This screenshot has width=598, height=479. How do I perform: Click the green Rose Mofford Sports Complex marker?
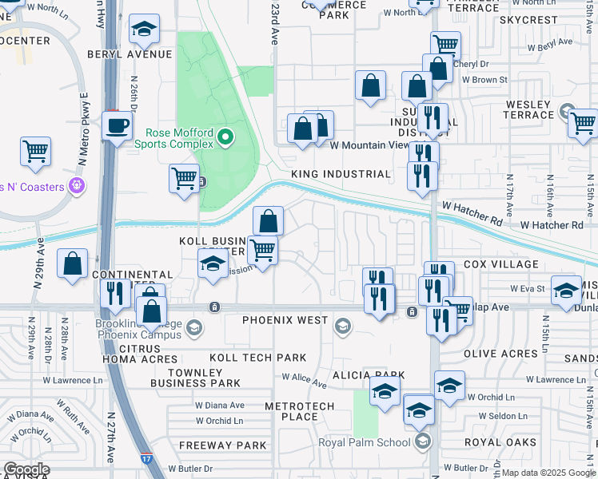coord(225,137)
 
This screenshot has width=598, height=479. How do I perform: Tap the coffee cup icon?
coord(118,127)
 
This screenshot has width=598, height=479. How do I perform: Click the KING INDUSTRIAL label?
coord(341,173)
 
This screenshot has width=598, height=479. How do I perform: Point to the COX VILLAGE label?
coord(500,264)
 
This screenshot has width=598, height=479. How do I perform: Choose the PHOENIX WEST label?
coord(285,320)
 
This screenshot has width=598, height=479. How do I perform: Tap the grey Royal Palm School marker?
coord(423,441)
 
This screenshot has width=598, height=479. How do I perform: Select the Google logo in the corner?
coord(26,469)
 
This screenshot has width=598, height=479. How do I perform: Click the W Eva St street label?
coord(528,289)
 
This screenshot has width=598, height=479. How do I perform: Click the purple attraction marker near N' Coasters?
coord(77,186)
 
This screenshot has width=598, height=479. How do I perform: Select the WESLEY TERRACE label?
coord(528,109)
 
